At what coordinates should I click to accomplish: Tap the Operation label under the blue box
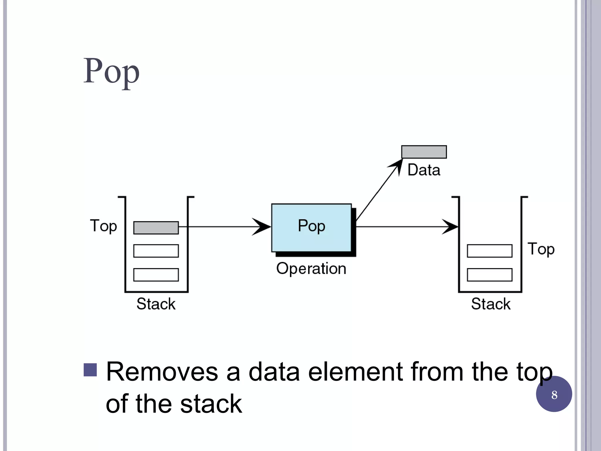pyautogui.click(x=311, y=268)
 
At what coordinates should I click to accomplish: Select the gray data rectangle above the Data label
pyautogui.click(x=424, y=152)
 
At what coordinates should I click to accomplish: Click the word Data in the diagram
pyautogui.click(x=424, y=170)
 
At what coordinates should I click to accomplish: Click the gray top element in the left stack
pyautogui.click(x=156, y=228)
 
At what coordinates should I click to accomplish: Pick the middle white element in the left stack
pyautogui.click(x=156, y=251)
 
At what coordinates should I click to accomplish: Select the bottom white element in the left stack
pyautogui.click(x=156, y=275)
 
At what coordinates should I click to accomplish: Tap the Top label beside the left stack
pyautogui.click(x=103, y=226)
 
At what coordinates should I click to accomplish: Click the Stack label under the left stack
pyautogui.click(x=156, y=304)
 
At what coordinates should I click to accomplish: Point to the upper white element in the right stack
pyautogui.click(x=489, y=251)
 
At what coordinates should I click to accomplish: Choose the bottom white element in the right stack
pyautogui.click(x=489, y=275)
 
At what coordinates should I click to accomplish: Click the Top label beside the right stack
pyautogui.click(x=541, y=249)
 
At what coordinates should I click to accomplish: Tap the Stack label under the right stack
pyautogui.click(x=491, y=304)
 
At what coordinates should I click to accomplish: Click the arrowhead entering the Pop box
pyautogui.click(x=262, y=227)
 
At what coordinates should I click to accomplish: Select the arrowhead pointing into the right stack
pyautogui.click(x=450, y=227)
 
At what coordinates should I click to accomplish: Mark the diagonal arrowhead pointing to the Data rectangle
pyautogui.click(x=397, y=166)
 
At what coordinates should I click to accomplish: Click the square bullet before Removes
pyautogui.click(x=90, y=370)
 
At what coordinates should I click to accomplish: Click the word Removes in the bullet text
pyautogui.click(x=162, y=372)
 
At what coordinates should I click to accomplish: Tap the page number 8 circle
pyautogui.click(x=554, y=394)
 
